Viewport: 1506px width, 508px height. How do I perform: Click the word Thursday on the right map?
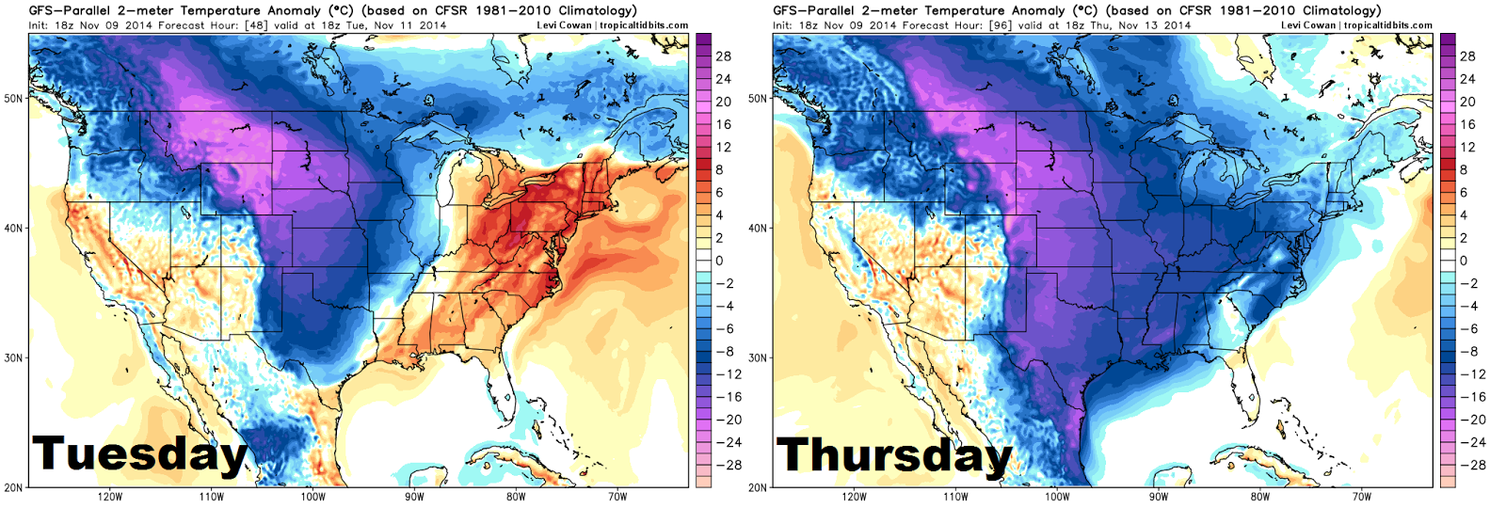[x=894, y=455]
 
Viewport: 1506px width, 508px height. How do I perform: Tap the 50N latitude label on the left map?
[x=13, y=98]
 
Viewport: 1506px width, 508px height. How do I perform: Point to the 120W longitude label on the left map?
[x=110, y=497]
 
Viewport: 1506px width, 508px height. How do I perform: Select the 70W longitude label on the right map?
[x=1361, y=497]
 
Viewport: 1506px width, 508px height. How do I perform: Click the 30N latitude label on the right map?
[x=758, y=357]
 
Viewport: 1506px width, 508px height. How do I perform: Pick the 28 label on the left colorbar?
[x=723, y=56]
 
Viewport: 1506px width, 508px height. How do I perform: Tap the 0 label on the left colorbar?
[x=719, y=261]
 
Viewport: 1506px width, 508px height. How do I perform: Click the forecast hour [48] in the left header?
[x=256, y=25]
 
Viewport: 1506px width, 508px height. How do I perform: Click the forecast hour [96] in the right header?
[x=1001, y=25]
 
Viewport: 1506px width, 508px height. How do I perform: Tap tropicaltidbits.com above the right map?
[x=1388, y=25]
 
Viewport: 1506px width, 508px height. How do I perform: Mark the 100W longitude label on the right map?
[x=1057, y=497]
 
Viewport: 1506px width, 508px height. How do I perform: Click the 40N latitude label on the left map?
[x=13, y=228]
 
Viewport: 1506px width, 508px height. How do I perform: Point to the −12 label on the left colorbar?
[x=723, y=374]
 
